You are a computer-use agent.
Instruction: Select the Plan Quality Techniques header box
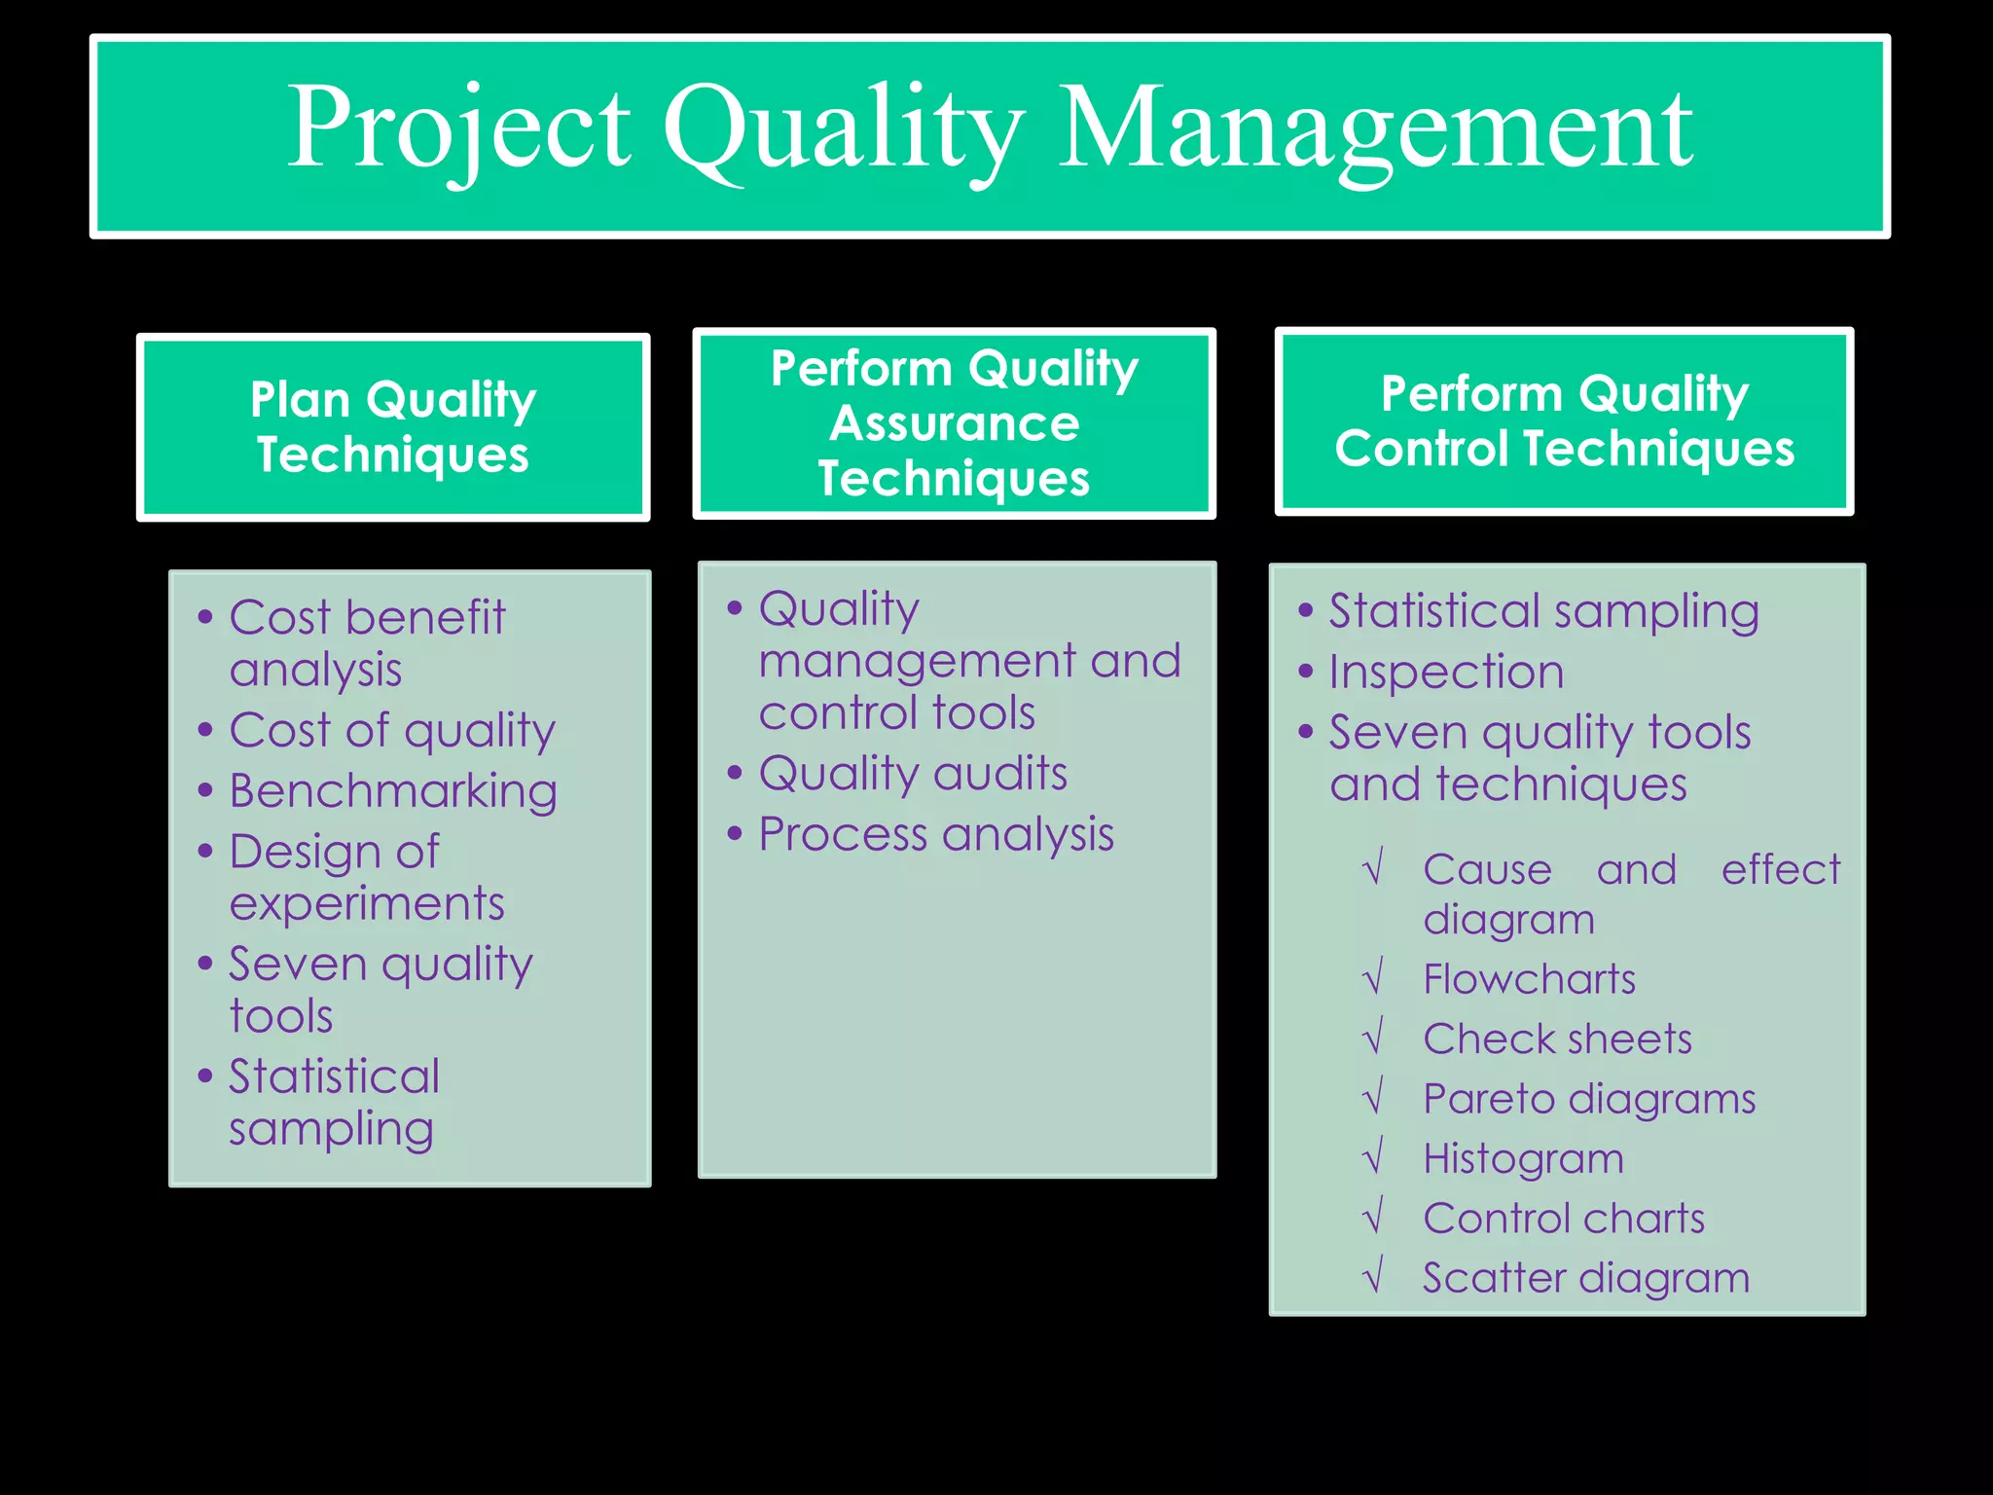click(x=393, y=427)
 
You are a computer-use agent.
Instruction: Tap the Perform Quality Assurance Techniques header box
click(x=954, y=423)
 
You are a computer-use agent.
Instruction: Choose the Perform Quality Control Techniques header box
click(x=1564, y=421)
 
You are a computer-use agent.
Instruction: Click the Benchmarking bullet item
click(x=392, y=790)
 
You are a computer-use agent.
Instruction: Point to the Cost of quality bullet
click(x=391, y=730)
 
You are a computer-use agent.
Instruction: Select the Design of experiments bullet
click(x=366, y=877)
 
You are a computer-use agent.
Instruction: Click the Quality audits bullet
click(x=912, y=774)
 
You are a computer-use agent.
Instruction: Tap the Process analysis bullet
click(x=935, y=834)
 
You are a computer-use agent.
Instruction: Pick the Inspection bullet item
click(x=1446, y=672)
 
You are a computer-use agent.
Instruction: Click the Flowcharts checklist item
click(x=1529, y=979)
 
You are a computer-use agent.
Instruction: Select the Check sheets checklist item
click(x=1557, y=1039)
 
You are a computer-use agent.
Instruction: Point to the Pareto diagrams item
click(x=1588, y=1099)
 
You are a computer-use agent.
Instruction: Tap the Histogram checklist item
click(x=1523, y=1158)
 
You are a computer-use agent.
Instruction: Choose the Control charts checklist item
click(x=1563, y=1219)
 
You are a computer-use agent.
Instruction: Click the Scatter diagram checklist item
click(x=1585, y=1278)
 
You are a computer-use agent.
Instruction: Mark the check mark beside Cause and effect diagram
click(x=1373, y=868)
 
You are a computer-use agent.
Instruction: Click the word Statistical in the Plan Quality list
click(x=334, y=1076)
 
